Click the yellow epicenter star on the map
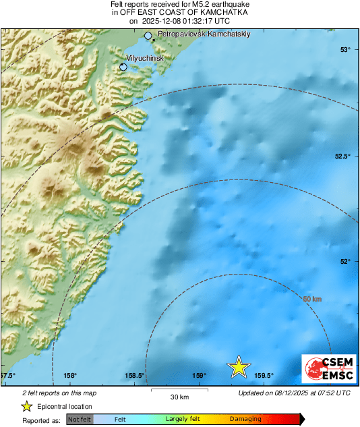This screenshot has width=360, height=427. click(x=238, y=366)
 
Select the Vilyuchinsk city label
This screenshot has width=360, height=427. click(x=145, y=58)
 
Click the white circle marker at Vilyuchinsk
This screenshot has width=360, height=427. click(x=123, y=67)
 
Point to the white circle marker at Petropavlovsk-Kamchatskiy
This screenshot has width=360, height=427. click(x=148, y=36)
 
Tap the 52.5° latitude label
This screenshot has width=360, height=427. click(x=343, y=156)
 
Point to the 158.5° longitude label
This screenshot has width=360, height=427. click(x=136, y=376)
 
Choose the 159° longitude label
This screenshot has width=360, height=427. click(x=199, y=376)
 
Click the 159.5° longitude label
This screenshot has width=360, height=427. click(x=264, y=376)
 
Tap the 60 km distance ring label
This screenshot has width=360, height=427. click(x=311, y=299)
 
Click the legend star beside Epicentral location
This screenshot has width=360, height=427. click(x=26, y=406)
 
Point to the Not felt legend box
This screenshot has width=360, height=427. click(x=80, y=420)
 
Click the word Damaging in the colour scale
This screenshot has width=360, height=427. click(x=245, y=420)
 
